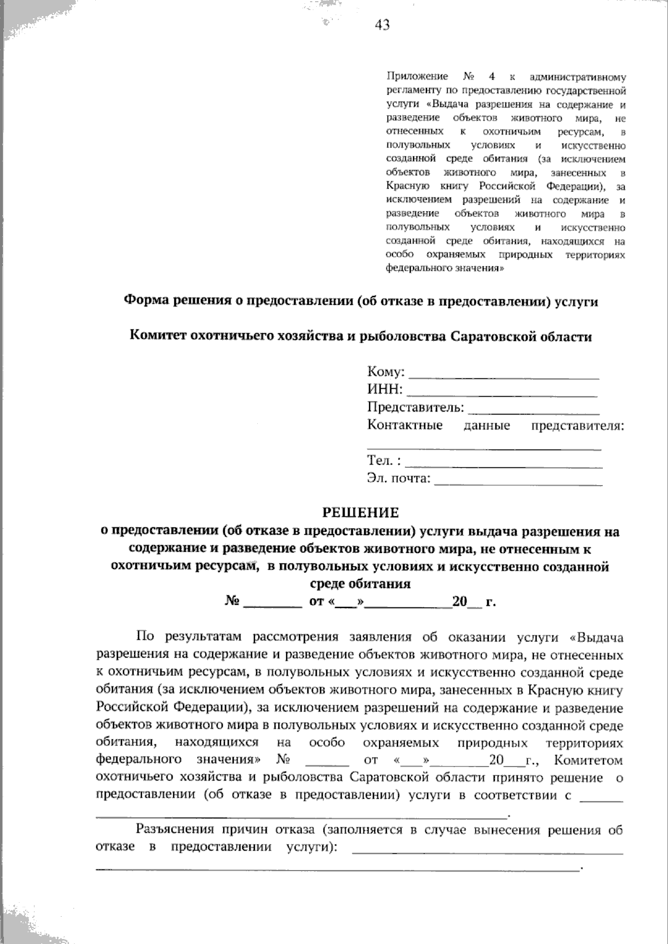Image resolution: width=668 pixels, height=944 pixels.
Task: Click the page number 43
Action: point(382,24)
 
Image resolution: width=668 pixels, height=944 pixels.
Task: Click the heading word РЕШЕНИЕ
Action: point(361,512)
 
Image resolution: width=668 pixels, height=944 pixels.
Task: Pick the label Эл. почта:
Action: point(399,478)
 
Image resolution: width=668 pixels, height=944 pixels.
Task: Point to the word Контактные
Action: point(405,426)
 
